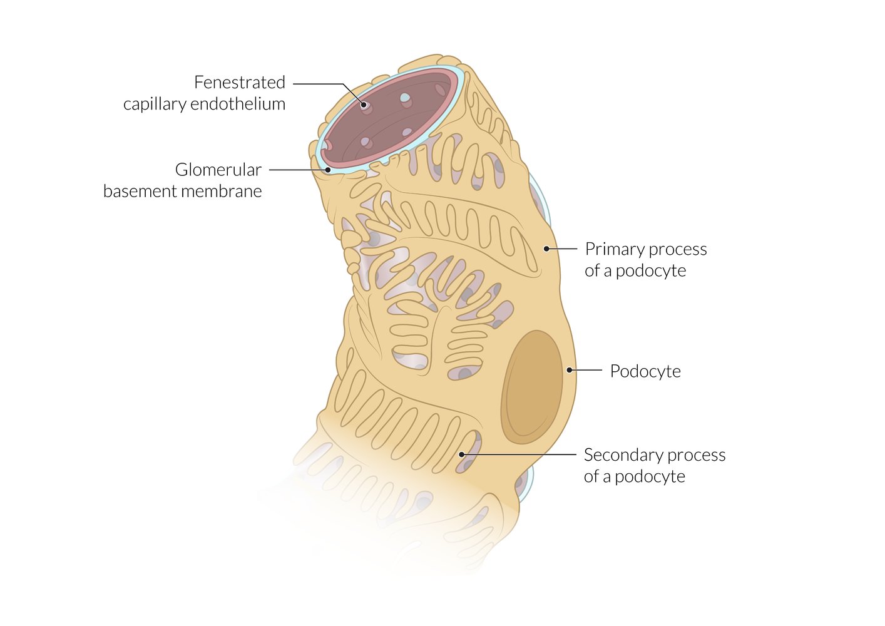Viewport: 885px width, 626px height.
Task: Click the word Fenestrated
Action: pos(239,83)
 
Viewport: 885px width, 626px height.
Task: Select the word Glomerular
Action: pos(218,170)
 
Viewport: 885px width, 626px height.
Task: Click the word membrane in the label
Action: pos(228,191)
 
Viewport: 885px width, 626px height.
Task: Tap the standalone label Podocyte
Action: pos(645,371)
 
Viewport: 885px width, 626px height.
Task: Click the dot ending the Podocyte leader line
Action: pos(570,370)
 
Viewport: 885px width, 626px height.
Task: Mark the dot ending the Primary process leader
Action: pos(546,249)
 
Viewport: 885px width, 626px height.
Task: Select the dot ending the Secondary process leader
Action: pos(462,454)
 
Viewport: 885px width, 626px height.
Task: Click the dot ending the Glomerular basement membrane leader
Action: pos(327,170)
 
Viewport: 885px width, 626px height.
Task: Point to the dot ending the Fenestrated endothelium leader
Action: pos(364,105)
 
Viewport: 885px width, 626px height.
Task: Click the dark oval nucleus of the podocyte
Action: pos(532,387)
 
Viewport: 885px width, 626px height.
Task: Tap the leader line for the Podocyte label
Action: pos(587,370)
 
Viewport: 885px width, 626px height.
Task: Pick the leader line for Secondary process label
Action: pos(519,454)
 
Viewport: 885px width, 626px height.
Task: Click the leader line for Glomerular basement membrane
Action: pos(298,170)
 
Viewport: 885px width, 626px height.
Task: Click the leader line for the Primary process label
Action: pos(563,249)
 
